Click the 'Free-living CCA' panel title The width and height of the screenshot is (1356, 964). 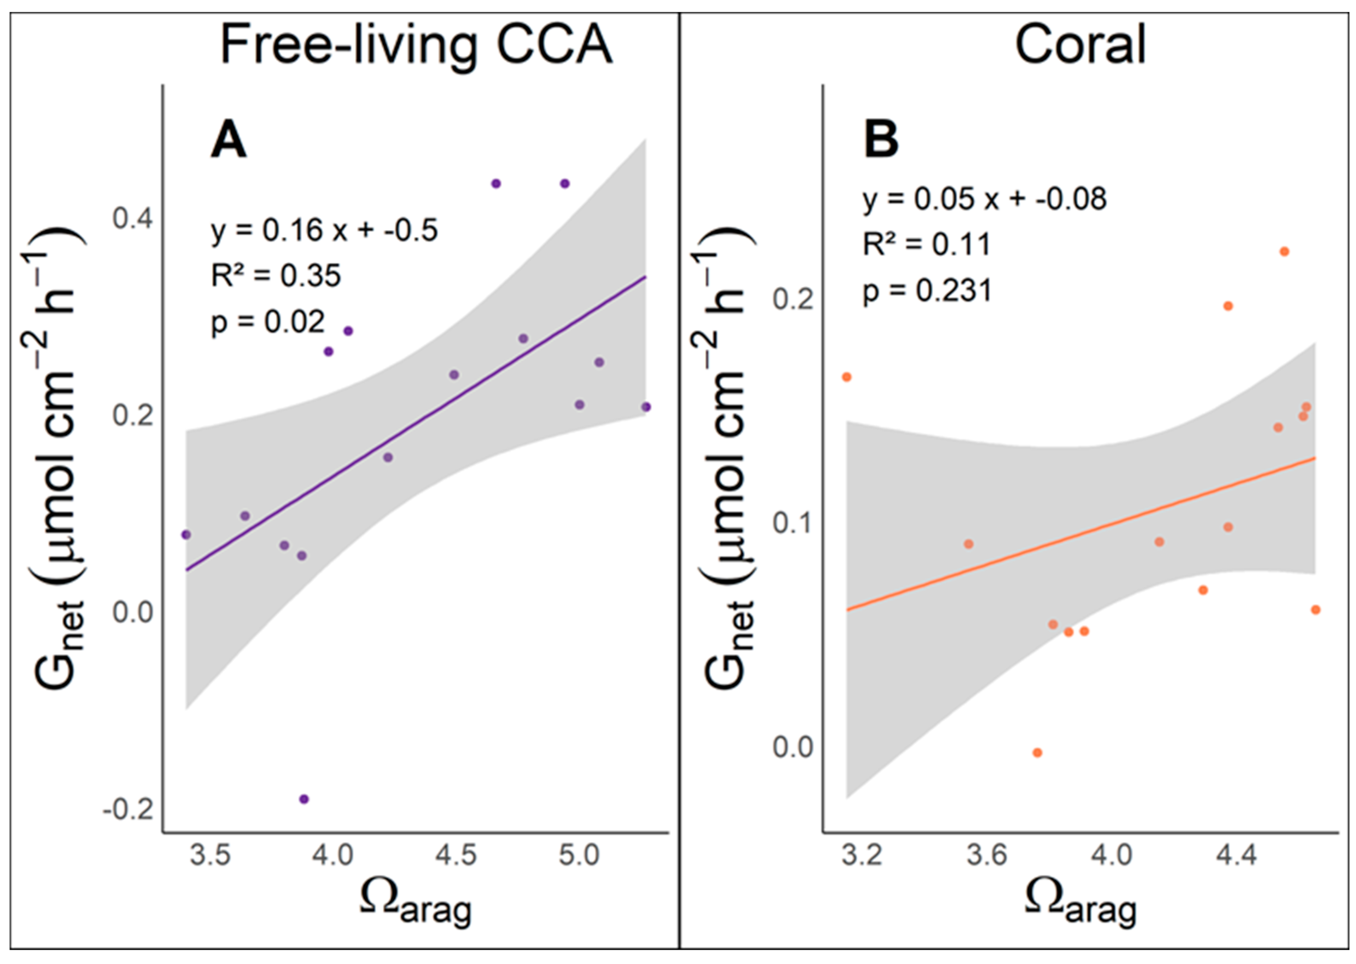tap(416, 45)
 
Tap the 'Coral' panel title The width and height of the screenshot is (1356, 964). tap(1080, 45)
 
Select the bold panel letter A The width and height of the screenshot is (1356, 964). tap(228, 140)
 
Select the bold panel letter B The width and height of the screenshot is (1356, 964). tap(881, 140)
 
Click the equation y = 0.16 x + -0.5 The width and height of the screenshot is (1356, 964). tap(324, 230)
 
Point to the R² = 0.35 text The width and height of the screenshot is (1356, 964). tap(276, 275)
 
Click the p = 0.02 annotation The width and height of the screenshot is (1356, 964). tap(268, 322)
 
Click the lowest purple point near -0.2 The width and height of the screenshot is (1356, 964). tap(304, 799)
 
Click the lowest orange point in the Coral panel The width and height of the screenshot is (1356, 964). tap(1037, 753)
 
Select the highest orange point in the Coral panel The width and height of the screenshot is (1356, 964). tap(1284, 252)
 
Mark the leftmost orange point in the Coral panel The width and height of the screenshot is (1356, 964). tap(847, 377)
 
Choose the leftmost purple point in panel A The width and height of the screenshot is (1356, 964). tap(186, 535)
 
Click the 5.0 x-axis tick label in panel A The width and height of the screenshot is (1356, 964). tap(579, 855)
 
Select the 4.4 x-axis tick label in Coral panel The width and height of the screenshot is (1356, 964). tap(1237, 855)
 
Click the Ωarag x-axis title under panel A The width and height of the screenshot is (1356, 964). tap(416, 904)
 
